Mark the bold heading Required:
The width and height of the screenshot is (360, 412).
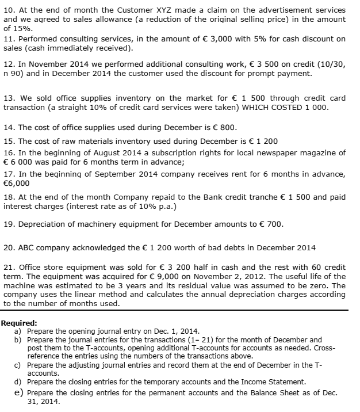(x=19, y=323)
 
